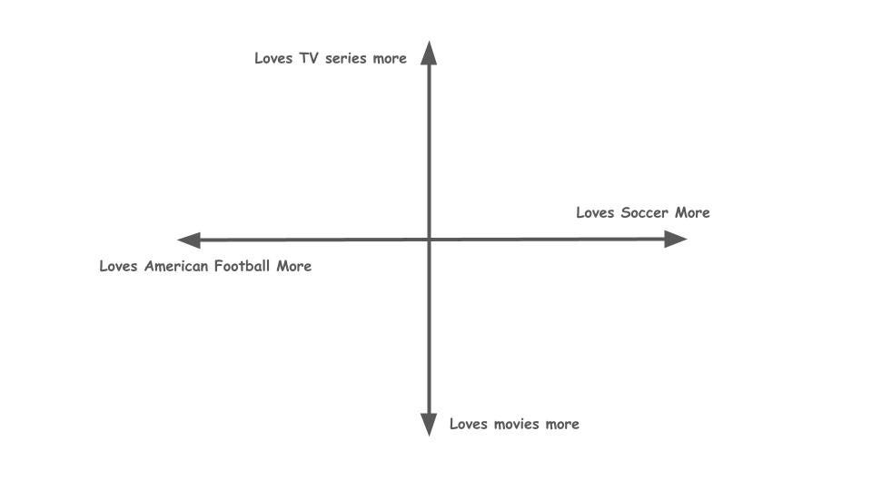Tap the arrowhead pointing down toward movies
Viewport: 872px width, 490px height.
(x=430, y=424)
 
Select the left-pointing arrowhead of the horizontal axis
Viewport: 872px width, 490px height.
(x=189, y=240)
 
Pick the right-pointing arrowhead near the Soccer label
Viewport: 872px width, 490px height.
(x=676, y=240)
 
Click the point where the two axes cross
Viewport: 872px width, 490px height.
(x=430, y=240)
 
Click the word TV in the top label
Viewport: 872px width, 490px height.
(x=309, y=58)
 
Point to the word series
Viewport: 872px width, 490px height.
(x=345, y=58)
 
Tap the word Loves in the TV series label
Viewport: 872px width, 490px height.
(x=274, y=58)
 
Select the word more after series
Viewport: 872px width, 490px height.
(x=389, y=58)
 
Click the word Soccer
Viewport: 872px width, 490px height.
(x=646, y=212)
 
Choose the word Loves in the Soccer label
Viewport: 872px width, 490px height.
(x=596, y=212)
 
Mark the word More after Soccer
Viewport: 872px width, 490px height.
(x=692, y=212)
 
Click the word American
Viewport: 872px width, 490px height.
(x=176, y=266)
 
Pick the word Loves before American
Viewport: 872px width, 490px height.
(x=118, y=266)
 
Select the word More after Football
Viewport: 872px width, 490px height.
(x=294, y=266)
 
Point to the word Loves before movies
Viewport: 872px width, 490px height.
(x=469, y=424)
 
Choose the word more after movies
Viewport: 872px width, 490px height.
(x=562, y=424)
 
